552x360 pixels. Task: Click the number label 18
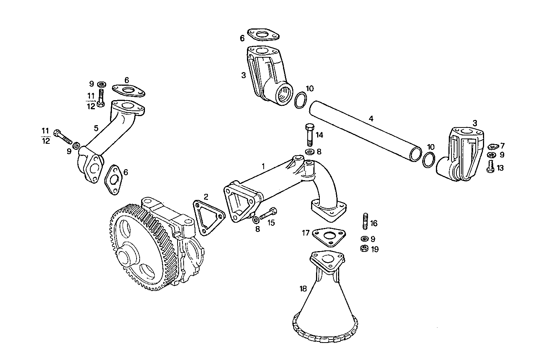pos(303,289)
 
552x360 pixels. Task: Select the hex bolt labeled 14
pos(309,135)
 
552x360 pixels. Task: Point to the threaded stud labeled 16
pos(365,222)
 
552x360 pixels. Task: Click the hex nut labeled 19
pos(363,248)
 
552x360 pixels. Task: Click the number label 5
pos(96,129)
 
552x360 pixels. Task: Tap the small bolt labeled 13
pos(490,167)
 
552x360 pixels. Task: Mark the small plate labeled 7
pos(493,146)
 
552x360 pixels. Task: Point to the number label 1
pos(263,166)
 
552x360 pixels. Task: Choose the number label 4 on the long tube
pos(371,118)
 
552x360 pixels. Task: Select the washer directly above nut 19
pos(363,239)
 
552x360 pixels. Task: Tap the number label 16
pos(374,223)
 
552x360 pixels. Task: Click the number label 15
pos(271,223)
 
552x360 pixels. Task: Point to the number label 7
pos(502,145)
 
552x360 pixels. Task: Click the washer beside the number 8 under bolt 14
pos(310,152)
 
